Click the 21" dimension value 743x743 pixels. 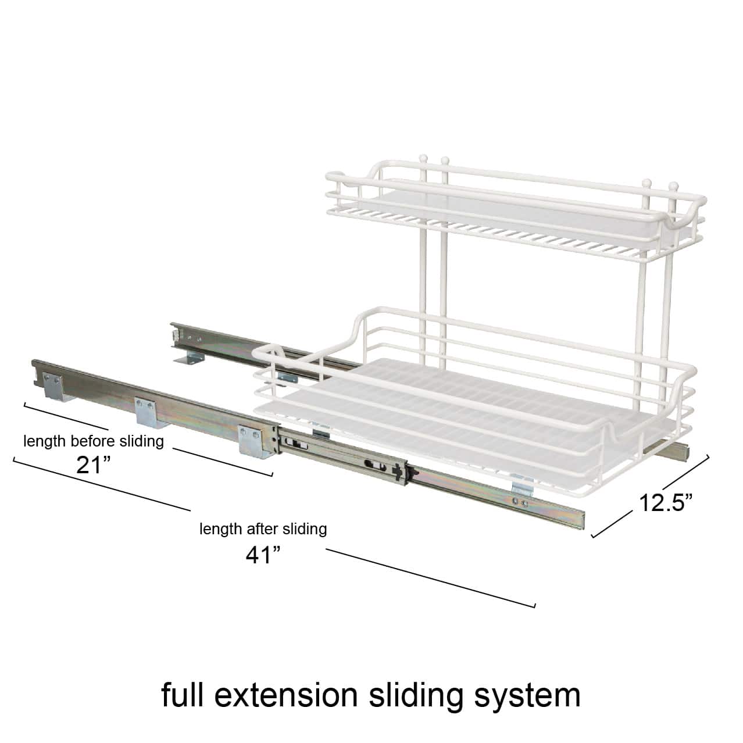(93, 465)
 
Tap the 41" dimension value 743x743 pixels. (263, 555)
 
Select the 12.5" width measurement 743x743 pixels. (665, 502)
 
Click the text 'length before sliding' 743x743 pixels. (94, 441)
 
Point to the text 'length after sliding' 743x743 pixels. (263, 529)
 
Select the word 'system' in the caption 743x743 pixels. (528, 696)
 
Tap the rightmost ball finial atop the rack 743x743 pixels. (673, 187)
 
